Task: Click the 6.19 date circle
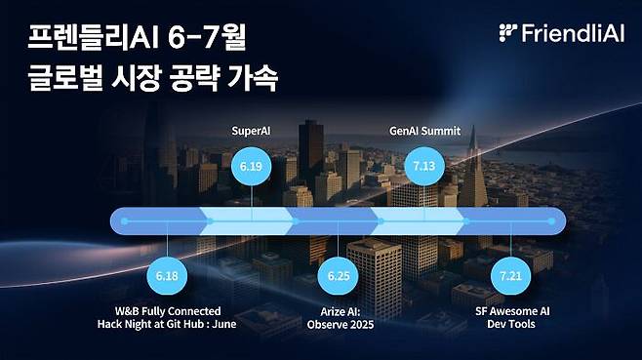click(x=252, y=167)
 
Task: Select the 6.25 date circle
click(x=337, y=276)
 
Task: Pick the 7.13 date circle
click(x=424, y=167)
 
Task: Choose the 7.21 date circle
click(x=509, y=276)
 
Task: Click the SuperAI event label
click(x=252, y=130)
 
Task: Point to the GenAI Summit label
click(x=424, y=130)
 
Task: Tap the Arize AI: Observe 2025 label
click(x=337, y=318)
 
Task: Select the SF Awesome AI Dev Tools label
click(x=509, y=318)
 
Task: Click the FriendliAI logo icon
click(x=506, y=32)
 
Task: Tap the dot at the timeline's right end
click(x=552, y=221)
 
